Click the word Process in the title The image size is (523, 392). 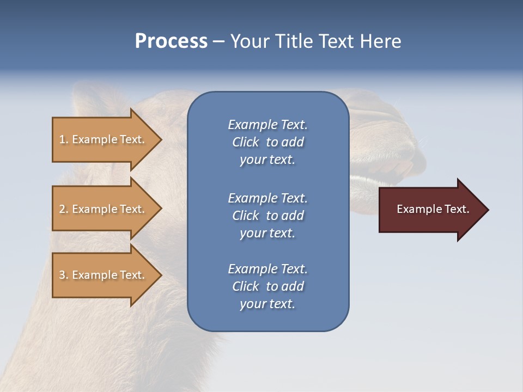pos(171,41)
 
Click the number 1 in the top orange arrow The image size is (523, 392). pos(62,139)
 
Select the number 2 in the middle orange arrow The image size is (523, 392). pos(62,209)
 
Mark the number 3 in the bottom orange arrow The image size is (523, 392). pos(62,275)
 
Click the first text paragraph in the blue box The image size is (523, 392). pos(267,142)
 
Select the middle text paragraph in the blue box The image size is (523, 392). pos(267,215)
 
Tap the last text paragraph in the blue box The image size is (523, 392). pos(267,286)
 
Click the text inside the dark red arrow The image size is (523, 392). pos(433,209)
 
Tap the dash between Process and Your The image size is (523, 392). pos(218,42)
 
